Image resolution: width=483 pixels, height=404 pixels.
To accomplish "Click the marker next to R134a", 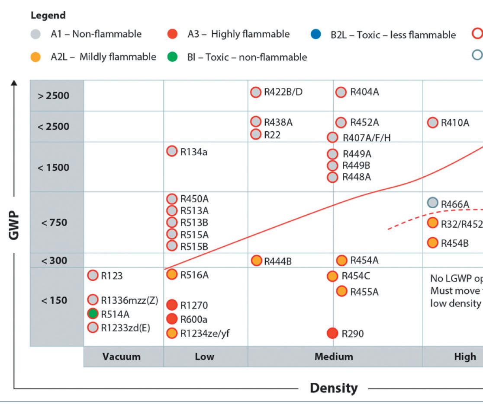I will (172, 151).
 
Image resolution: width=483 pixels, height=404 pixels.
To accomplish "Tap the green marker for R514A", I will (93, 314).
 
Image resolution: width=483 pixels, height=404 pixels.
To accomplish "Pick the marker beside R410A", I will (432, 123).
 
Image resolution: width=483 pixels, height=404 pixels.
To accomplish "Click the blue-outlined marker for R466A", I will (432, 203).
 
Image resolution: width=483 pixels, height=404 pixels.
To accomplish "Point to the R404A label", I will (364, 92).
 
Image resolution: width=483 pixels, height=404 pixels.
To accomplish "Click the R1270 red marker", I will (172, 305).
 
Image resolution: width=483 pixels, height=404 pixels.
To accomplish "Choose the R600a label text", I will (194, 319).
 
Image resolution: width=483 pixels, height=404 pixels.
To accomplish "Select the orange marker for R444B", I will (256, 261).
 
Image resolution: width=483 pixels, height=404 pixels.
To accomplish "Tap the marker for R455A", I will (342, 292).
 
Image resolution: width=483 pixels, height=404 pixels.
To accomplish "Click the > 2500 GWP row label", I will (53, 95).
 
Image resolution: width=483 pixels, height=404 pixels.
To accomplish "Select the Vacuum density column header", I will (122, 356).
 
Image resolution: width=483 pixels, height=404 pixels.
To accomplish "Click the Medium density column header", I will (334, 356).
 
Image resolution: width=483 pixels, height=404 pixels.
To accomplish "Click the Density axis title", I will (334, 388).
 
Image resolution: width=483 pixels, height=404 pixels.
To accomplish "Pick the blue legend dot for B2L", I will (316, 35).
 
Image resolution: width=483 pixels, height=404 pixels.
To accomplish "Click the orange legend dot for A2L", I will (37, 57).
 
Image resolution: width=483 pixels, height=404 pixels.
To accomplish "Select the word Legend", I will (48, 16).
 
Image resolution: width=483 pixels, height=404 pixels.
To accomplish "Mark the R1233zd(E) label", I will (126, 328).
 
